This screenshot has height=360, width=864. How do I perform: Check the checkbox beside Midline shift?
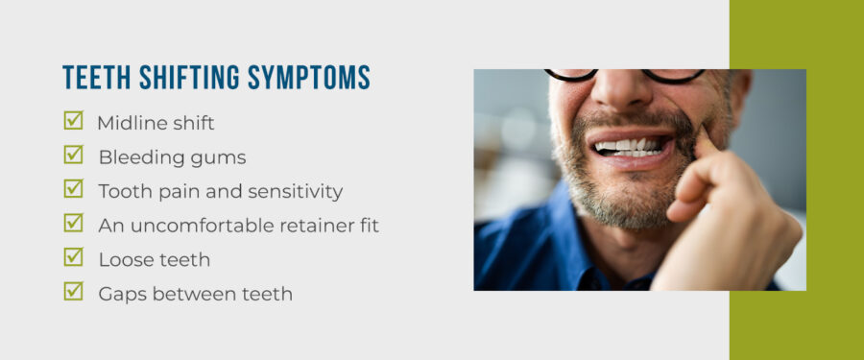point(73,121)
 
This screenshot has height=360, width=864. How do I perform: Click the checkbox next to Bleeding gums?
point(73,155)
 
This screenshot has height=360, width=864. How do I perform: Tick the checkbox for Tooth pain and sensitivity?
point(73,189)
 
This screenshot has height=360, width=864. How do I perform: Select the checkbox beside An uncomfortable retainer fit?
point(73,223)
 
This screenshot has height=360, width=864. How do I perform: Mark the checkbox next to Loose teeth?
point(73,257)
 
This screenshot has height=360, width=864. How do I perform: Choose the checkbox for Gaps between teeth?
point(73,291)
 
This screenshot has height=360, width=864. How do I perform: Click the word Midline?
point(129,123)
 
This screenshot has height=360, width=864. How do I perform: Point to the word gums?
point(220,158)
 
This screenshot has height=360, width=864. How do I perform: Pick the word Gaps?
point(122,295)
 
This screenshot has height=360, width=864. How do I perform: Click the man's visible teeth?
point(630,146)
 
